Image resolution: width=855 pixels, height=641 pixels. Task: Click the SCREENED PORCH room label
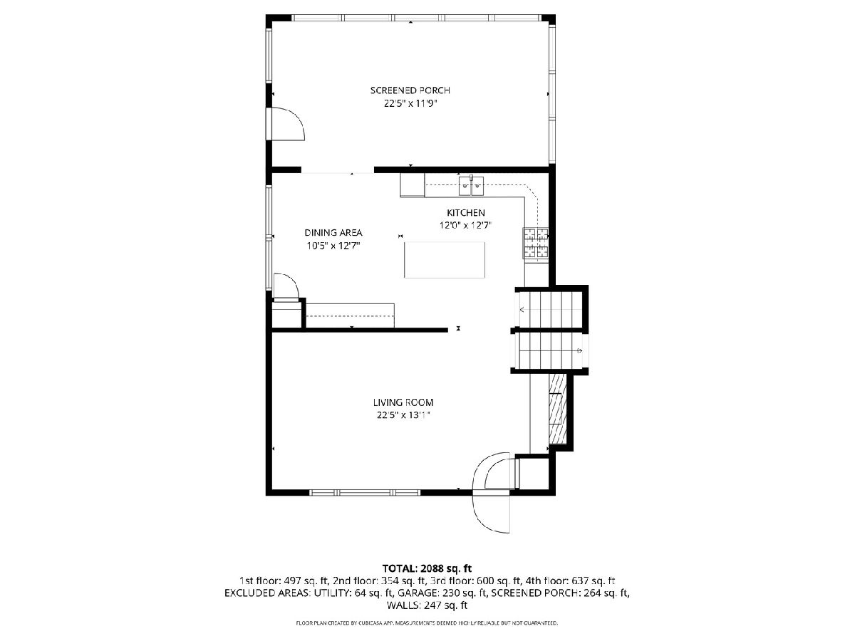410,90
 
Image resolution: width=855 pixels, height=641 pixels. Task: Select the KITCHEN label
465,213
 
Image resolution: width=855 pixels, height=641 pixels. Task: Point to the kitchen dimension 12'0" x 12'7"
465,225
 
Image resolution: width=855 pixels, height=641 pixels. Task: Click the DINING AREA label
333,233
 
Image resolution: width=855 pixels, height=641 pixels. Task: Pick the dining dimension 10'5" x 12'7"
333,246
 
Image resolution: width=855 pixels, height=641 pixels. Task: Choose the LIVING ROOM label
403,402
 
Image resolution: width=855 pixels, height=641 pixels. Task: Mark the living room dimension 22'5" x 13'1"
403,415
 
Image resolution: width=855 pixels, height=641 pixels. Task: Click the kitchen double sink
471,186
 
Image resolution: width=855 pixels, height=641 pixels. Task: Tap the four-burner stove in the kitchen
536,244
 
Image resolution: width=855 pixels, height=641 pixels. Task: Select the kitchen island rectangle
445,260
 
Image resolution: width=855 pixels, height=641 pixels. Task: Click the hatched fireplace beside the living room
557,409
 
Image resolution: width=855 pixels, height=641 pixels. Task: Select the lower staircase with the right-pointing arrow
549,350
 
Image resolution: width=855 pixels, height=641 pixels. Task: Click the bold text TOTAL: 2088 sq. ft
427,568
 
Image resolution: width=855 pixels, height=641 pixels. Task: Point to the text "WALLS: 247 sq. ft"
427,605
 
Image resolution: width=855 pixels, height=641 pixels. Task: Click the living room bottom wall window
365,493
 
